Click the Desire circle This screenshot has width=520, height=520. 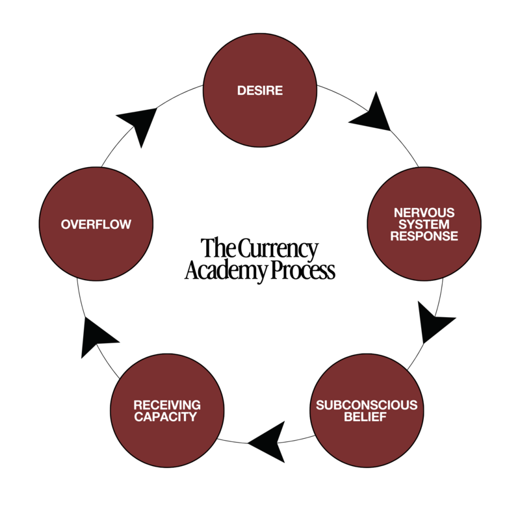click(x=260, y=90)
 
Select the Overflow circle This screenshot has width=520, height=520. click(x=96, y=224)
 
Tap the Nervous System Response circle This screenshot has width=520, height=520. click(x=424, y=224)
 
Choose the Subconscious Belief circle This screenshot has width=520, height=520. click(x=366, y=411)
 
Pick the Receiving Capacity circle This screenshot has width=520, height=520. click(x=167, y=411)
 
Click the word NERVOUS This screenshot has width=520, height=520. click(x=424, y=213)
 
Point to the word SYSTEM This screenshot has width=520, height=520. click(x=424, y=225)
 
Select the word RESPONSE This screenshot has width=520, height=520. click(x=424, y=236)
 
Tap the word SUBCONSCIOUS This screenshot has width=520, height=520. click(x=366, y=406)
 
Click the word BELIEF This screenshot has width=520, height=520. click(x=366, y=417)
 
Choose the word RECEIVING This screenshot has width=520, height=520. click(x=167, y=406)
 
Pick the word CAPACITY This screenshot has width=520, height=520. click(x=167, y=417)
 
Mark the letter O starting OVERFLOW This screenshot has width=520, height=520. click(x=66, y=225)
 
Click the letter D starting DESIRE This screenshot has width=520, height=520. click(x=241, y=91)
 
